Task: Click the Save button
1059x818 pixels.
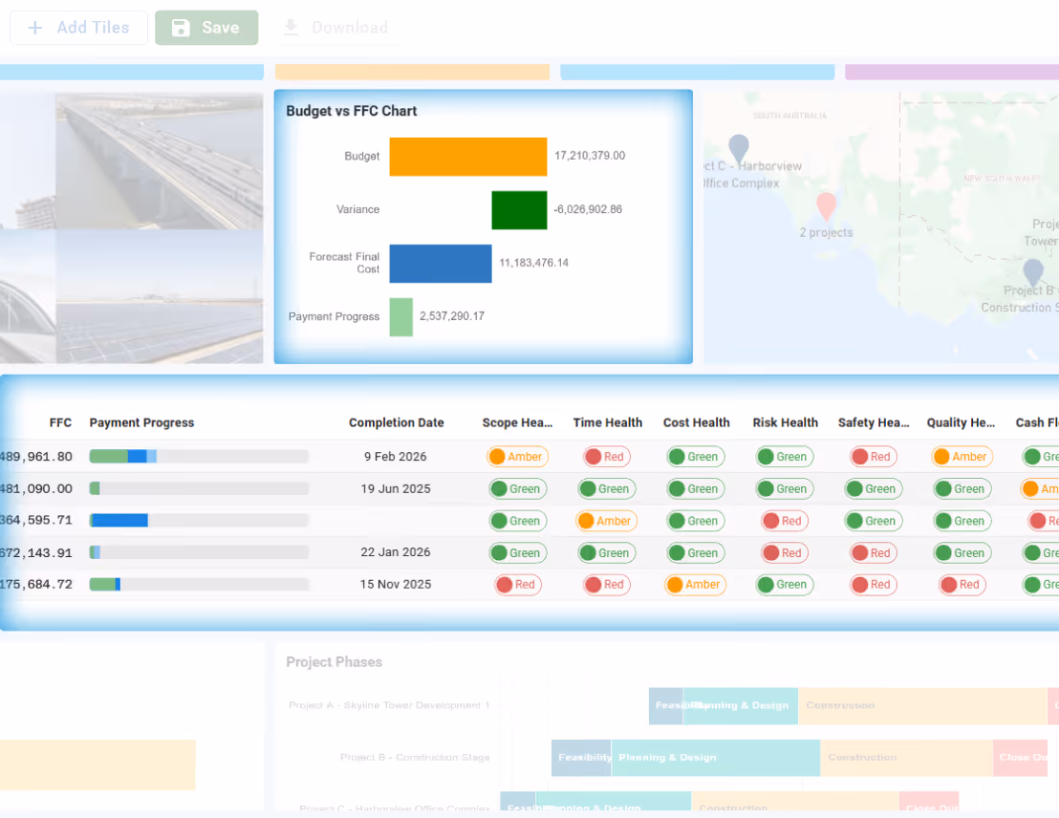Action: pos(206,28)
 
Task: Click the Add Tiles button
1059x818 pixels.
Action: pos(78,28)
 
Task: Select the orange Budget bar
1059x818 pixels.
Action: pos(467,157)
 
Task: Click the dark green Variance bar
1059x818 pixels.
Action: pos(519,210)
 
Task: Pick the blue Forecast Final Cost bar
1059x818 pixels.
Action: pos(440,264)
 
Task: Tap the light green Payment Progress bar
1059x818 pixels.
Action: pos(400,317)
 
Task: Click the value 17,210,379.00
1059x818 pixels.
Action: pos(590,156)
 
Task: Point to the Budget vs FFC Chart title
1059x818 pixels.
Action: pos(352,111)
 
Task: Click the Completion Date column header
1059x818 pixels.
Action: pos(396,422)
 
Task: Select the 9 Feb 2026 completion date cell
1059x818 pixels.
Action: pos(396,457)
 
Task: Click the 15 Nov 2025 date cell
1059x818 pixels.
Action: pos(396,585)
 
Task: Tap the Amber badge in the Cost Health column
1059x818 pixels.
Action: pos(695,585)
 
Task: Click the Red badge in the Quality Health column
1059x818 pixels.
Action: pos(962,585)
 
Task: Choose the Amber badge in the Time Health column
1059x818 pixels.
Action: pos(606,521)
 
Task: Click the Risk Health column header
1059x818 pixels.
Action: pos(785,422)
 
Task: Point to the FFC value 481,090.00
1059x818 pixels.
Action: pos(36,489)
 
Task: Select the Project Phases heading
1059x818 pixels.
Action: pos(334,662)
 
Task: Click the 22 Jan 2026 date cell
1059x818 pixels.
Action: pos(396,552)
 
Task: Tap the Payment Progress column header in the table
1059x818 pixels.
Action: pos(141,422)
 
